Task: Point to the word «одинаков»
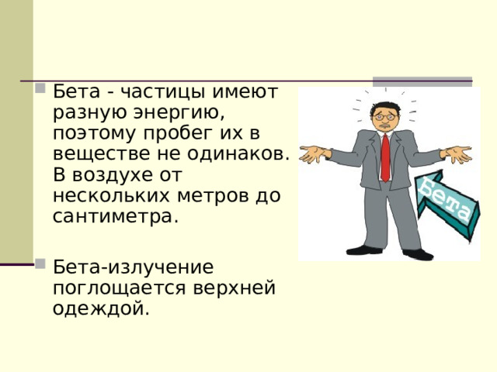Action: coord(234,153)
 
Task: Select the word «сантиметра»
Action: coord(113,217)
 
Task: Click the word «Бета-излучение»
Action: coord(133,267)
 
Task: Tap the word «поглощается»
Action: coord(119,289)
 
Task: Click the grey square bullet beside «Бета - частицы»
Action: coord(40,88)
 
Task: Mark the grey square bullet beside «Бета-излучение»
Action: coord(40,263)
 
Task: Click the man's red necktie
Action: coord(385,158)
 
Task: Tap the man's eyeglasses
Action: coord(385,117)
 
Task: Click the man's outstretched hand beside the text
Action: coord(315,153)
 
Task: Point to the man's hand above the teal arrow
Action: coord(457,154)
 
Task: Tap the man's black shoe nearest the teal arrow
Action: coord(418,254)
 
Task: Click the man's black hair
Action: coord(384,107)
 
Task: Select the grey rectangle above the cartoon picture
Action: coord(422,81)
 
